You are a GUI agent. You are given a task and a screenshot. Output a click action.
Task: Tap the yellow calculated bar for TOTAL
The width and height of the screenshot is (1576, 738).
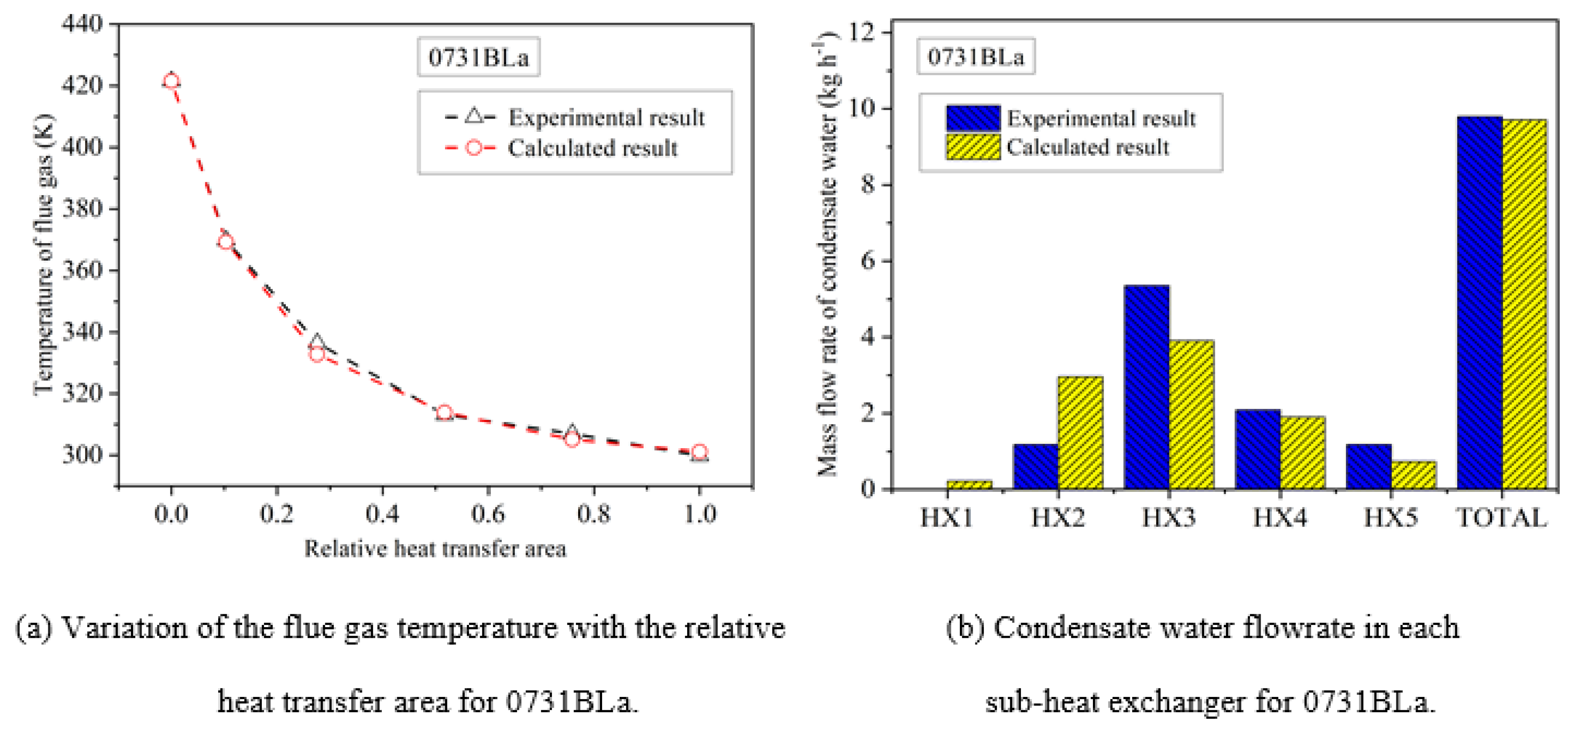[1524, 304]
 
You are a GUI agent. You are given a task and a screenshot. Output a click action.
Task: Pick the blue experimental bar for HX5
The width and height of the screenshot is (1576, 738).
[1368, 466]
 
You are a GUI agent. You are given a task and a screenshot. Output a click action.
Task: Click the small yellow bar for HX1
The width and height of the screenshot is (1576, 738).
[969, 484]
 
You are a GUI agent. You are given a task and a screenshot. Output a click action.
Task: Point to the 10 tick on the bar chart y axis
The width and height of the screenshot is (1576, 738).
[863, 109]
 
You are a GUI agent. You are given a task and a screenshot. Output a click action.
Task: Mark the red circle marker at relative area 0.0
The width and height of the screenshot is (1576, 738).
[171, 81]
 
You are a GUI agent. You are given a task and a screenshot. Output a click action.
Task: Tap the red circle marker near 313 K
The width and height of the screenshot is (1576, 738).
[445, 413]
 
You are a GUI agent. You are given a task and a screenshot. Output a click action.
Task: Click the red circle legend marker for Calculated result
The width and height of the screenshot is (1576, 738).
[474, 148]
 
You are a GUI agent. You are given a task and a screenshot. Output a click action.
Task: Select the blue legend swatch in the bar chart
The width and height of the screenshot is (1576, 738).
[973, 118]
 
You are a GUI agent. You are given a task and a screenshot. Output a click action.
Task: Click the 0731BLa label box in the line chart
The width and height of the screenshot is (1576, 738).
[478, 57]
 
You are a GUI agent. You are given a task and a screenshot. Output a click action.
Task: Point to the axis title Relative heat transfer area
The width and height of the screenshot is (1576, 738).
[435, 549]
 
